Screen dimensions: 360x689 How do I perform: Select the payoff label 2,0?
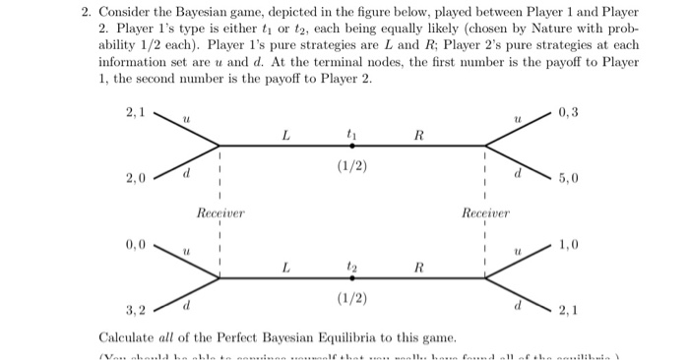tap(136, 178)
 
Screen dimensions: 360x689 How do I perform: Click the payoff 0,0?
tap(136, 243)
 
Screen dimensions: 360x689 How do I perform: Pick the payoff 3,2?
tap(136, 310)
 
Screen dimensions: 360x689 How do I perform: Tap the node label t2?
tap(351, 267)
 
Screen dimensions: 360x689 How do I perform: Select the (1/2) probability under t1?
tap(351, 166)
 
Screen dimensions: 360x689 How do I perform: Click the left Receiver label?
tap(220, 212)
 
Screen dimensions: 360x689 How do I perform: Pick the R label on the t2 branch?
tap(418, 267)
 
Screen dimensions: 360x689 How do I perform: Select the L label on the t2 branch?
tap(285, 267)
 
